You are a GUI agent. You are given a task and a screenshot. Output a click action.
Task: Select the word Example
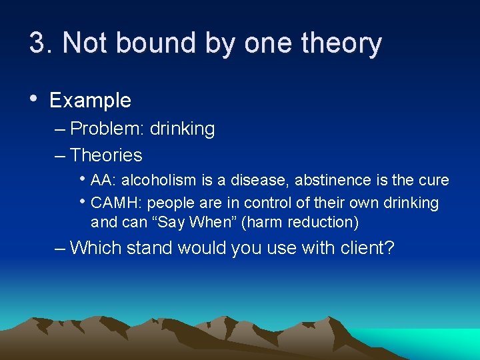pos(90,101)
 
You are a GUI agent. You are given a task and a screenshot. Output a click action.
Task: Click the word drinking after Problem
pos(182,129)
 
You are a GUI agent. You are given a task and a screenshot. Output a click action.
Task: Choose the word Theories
pos(106,155)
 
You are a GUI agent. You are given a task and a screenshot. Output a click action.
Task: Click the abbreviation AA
pos(100,180)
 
